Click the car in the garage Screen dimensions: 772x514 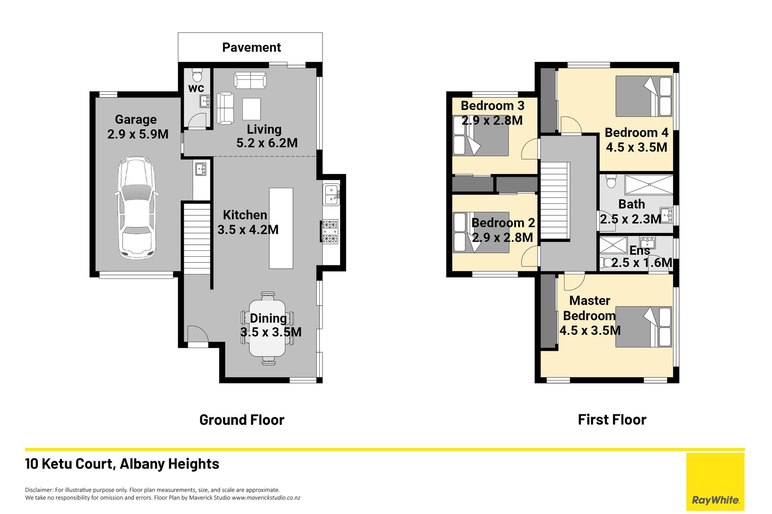tap(136, 207)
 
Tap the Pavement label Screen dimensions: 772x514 tap(251, 47)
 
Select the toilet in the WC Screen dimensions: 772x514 tap(197, 75)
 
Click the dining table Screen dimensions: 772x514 tap(267, 329)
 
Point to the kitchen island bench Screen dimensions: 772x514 tap(281, 228)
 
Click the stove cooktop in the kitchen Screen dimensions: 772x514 tap(330, 231)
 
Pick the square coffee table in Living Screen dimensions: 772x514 tap(251, 109)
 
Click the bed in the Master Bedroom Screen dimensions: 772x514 tap(644, 327)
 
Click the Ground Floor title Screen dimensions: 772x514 tap(242, 420)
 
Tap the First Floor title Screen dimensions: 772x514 tap(612, 420)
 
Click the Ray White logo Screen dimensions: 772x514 tap(715, 482)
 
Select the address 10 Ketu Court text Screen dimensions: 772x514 tap(71, 464)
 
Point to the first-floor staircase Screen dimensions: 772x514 tap(554, 200)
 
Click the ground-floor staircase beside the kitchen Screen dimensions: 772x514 tap(197, 239)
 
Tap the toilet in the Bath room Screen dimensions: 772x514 tap(611, 181)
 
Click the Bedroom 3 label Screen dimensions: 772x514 tap(493, 106)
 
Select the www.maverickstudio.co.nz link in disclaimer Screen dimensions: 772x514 tap(266, 498)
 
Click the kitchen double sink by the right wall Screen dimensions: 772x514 tap(331, 195)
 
